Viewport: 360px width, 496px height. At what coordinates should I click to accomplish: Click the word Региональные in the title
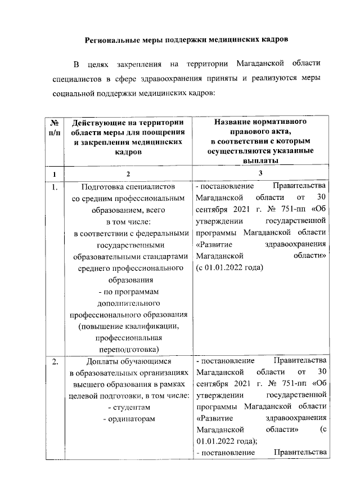point(112,41)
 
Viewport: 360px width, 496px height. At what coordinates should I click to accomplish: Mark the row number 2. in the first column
point(55,361)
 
